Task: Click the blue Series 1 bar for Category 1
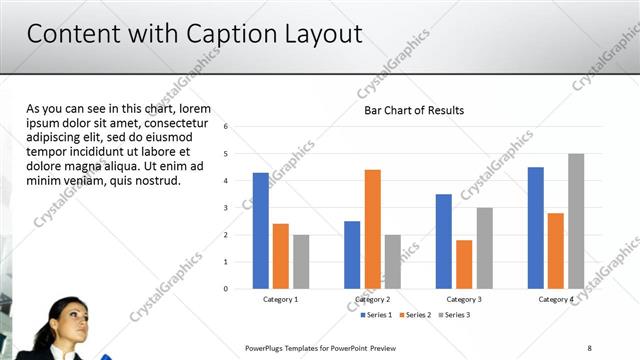pos(261,230)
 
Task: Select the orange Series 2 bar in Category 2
pos(372,229)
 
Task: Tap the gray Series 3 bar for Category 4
pos(576,221)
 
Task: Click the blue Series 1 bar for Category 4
pos(536,227)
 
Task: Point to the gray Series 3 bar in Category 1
pos(301,261)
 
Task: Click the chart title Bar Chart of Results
pos(414,110)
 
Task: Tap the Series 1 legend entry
pos(376,315)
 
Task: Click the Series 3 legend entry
pos(453,315)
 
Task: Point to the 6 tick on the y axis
pos(227,127)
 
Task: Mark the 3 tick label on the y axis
pos(227,208)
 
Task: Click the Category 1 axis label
pos(280,299)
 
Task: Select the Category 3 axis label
pos(463,299)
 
